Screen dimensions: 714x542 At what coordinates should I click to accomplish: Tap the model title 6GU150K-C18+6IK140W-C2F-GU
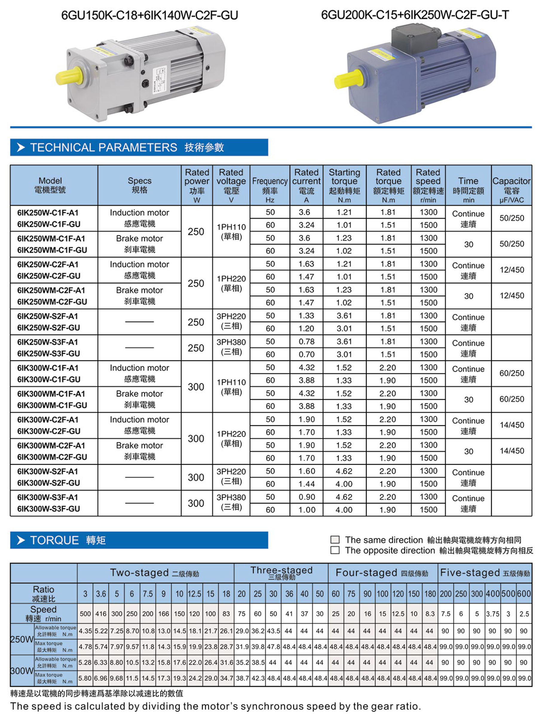pos(150,15)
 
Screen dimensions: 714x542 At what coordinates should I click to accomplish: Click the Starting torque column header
pos(344,185)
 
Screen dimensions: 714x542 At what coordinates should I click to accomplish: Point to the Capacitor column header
pos(511,185)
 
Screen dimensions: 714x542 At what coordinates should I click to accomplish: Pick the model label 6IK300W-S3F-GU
pos(48,509)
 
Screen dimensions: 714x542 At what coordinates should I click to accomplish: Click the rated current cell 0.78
pos(306,342)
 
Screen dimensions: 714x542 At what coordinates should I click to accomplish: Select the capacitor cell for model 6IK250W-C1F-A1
pos(512,218)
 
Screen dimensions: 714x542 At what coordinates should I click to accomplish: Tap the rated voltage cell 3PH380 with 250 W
pos(231,347)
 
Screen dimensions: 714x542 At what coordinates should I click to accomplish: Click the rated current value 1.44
pos(306,484)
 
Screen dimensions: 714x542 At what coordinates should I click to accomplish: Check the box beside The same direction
pos(335,540)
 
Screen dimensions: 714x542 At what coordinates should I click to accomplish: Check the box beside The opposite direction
pos(335,550)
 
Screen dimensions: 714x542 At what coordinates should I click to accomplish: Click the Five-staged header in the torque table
pos(485,573)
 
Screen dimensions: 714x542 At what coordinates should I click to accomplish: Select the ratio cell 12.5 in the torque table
pos(195,594)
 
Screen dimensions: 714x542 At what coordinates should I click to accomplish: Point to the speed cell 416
pos(101,614)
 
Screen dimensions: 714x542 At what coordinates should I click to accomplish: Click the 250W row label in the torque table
pos(22,639)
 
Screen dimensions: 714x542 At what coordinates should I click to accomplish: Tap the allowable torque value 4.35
pos(85,631)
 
